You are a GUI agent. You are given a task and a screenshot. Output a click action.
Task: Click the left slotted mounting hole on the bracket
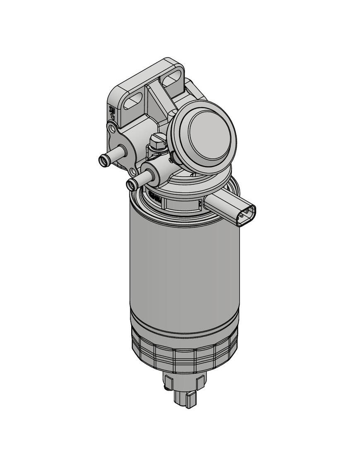pyautogui.click(x=133, y=101)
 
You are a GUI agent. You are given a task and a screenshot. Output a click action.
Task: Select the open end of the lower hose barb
pyautogui.click(x=132, y=184)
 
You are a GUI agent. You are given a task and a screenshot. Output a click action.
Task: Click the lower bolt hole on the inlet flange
pyautogui.click(x=132, y=171)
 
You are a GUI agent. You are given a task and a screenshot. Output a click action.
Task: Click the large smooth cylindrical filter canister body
pyautogui.click(x=184, y=269)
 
